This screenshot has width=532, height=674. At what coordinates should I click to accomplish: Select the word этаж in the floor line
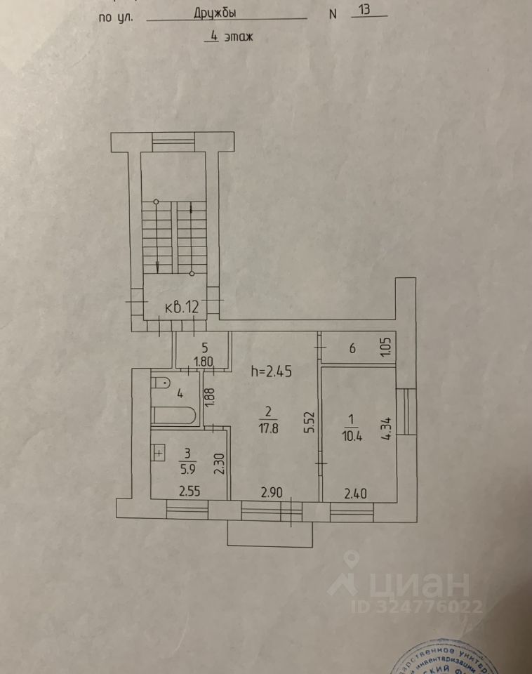pos(237,38)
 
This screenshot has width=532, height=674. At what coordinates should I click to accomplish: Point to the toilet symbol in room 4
pos(160,383)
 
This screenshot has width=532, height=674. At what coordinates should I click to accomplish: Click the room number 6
pos(352,347)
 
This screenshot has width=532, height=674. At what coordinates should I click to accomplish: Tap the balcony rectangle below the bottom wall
pos(270,534)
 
